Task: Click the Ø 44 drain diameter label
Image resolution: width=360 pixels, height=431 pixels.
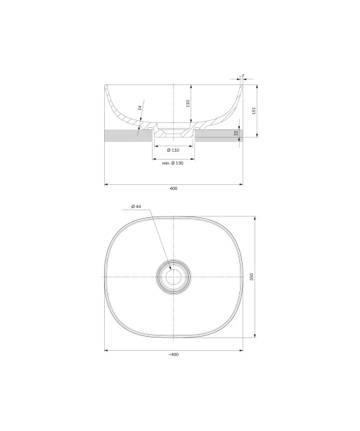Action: [136, 206]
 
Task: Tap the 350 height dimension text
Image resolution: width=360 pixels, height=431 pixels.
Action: [252, 277]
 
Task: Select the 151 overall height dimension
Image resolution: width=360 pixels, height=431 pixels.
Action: [254, 110]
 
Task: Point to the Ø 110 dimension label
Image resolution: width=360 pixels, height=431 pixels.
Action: [173, 150]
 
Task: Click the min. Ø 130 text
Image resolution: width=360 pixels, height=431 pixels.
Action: [172, 163]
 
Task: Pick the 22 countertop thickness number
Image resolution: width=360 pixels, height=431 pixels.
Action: [236, 134]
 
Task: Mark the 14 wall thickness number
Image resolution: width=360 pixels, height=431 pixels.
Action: [140, 108]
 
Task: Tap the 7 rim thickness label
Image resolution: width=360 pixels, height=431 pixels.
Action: [242, 76]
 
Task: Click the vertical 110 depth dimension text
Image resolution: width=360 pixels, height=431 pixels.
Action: [188, 103]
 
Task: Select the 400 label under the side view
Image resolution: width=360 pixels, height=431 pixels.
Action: [174, 188]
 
